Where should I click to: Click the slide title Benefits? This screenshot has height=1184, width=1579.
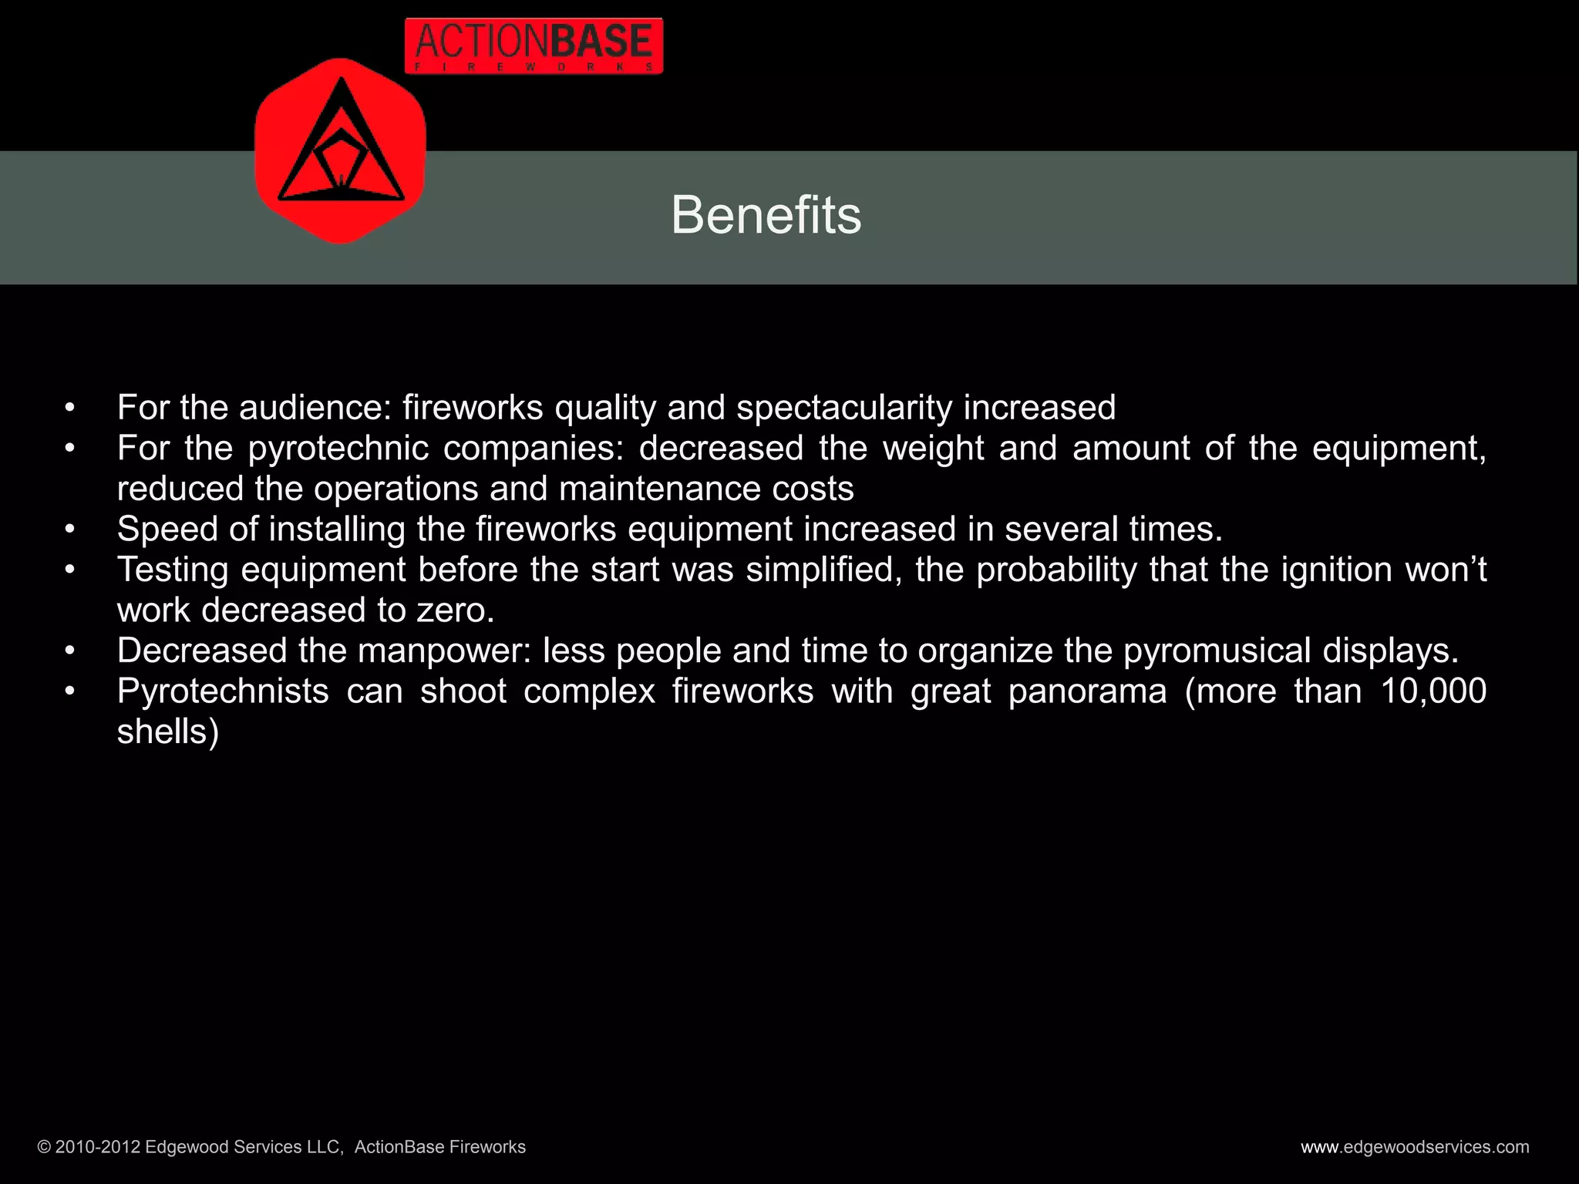click(x=766, y=215)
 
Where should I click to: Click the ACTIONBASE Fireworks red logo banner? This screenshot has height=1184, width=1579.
click(x=534, y=46)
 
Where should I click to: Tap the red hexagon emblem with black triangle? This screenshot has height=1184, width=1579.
click(x=340, y=151)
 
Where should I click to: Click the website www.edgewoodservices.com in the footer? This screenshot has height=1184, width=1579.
click(x=1415, y=1147)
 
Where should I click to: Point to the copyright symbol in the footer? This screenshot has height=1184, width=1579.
click(x=44, y=1147)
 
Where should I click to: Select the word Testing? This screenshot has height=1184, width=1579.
click(x=173, y=570)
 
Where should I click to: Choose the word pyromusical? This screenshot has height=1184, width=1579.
click(x=1217, y=651)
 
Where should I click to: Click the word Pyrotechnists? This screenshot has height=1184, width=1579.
click(x=223, y=691)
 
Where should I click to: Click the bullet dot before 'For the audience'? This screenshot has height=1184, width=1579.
click(x=70, y=408)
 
